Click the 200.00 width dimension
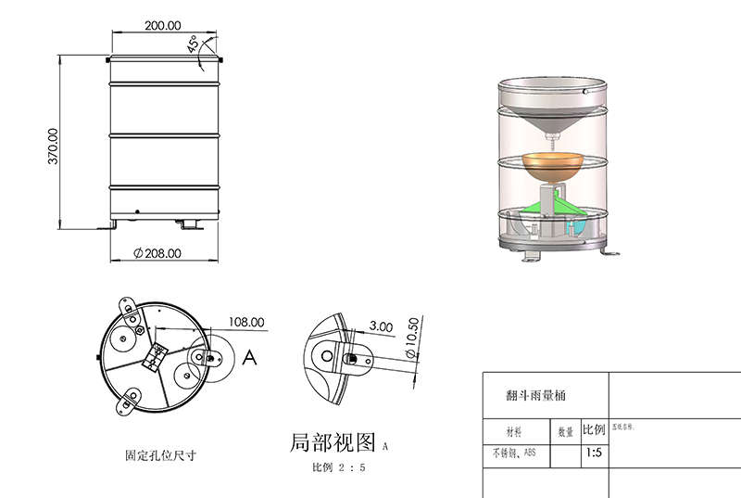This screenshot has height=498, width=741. click(x=163, y=26)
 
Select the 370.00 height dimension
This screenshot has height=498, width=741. click(x=53, y=147)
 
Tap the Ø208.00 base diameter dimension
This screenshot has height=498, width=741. click(x=157, y=252)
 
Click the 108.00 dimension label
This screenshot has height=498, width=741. click(x=245, y=323)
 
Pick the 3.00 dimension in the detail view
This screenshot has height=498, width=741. click(x=380, y=326)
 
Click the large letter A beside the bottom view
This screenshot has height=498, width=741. click(x=248, y=359)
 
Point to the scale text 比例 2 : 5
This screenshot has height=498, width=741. click(x=338, y=466)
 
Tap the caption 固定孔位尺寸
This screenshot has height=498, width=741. click(x=160, y=455)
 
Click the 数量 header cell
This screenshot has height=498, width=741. click(x=565, y=431)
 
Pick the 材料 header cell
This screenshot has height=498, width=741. click(x=514, y=431)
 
